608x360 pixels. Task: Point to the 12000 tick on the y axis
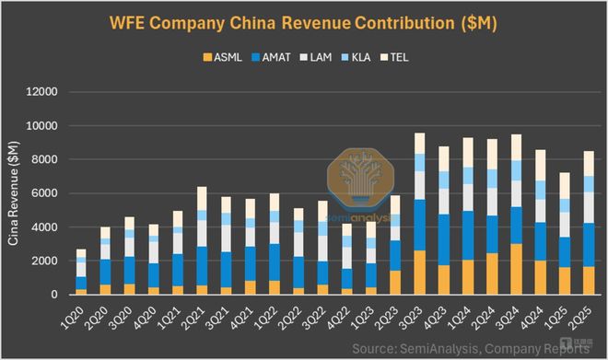[x=42, y=92]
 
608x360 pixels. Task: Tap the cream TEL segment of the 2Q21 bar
[x=202, y=198]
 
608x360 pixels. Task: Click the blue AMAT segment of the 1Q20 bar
[x=81, y=283]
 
